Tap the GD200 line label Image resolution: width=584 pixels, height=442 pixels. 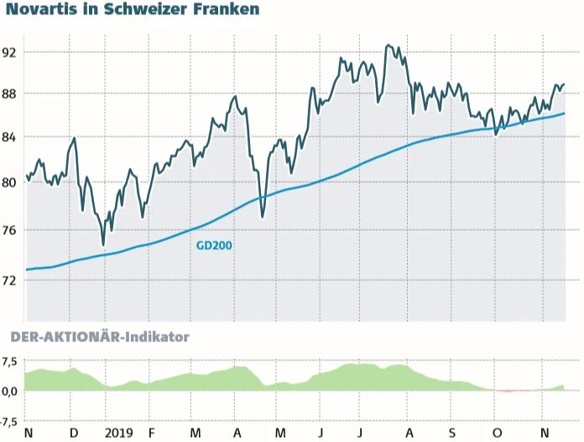(214, 246)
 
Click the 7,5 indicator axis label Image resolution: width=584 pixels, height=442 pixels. (10, 362)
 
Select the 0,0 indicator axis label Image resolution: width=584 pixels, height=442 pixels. (10, 391)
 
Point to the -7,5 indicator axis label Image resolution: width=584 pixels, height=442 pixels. (9, 422)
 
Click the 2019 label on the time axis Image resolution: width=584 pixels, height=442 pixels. (120, 432)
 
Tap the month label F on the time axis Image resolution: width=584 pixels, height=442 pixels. (151, 432)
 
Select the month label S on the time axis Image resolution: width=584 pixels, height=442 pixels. (451, 432)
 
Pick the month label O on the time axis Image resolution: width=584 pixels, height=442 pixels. (497, 432)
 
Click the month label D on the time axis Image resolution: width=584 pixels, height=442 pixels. (74, 432)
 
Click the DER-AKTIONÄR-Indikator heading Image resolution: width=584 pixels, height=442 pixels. (99, 337)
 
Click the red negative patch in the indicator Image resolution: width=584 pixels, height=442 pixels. (508, 391)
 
